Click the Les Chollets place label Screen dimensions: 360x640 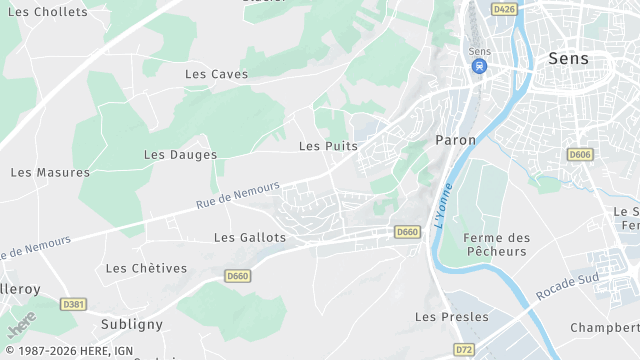pos(47,12)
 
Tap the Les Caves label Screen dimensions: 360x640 pos(216,74)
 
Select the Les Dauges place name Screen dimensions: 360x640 pos(180,155)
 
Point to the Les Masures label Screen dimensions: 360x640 pos(50,172)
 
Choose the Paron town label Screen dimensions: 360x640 pos(456,140)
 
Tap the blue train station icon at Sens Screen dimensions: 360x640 pos(479,67)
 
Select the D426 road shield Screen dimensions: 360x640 pos(505,9)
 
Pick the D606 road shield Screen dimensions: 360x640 pos(579,155)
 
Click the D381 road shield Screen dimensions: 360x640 pos(72,304)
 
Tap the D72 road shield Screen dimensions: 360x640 pos(464,349)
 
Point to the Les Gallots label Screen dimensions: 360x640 pos(250,238)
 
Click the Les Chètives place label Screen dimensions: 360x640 pos(146,268)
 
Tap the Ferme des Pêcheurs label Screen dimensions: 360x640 pos(496,244)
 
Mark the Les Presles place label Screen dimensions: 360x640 pos(452,317)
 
